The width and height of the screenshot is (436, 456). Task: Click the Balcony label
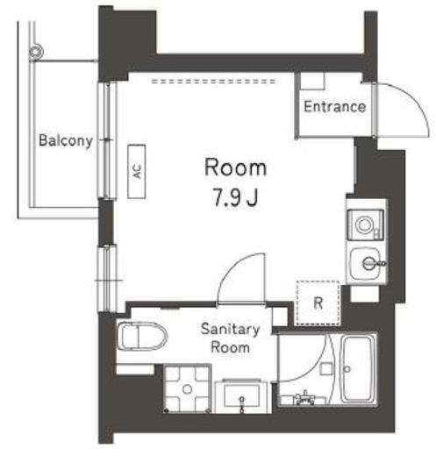66,140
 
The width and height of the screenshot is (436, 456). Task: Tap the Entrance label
335,106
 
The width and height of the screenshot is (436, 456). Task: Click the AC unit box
137,172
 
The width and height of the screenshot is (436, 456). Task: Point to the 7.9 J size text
236,197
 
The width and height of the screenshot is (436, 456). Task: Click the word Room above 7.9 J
235,167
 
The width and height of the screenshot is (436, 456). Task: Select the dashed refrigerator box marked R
318,303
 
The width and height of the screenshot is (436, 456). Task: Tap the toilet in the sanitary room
142,336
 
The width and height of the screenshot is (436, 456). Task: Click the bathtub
358,369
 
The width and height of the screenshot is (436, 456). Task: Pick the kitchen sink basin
367,264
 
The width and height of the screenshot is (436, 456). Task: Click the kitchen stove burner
364,225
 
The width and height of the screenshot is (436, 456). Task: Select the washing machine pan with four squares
188,388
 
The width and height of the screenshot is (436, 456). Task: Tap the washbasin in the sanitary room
241,396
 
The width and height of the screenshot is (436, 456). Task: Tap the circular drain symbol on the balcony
36,52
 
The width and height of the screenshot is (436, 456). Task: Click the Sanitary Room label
230,338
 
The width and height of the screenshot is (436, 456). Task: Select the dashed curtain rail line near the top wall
213,82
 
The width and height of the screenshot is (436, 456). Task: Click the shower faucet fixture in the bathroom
305,397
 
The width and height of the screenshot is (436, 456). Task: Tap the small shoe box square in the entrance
312,81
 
